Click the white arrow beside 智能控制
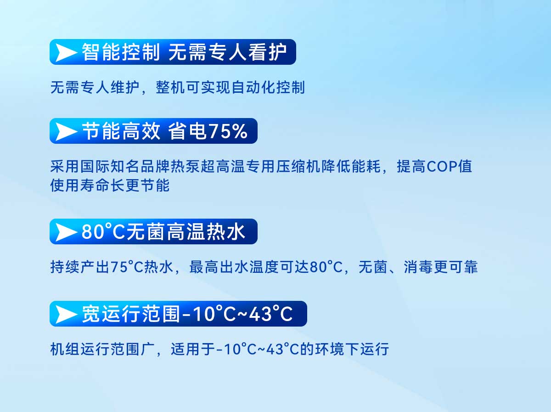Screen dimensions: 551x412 coord(65,52)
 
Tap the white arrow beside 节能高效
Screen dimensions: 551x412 coord(65,131)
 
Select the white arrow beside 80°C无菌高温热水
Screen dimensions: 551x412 coord(65,232)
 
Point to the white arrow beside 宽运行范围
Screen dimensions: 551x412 coord(65,314)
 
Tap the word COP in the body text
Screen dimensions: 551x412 coord(442,166)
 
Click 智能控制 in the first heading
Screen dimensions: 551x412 coord(121,52)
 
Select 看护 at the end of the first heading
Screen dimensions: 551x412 coord(268,52)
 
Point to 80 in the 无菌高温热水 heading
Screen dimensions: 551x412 coord(93,232)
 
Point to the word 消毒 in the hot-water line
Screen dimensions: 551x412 coord(418,267)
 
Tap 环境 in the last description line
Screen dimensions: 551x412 coord(329,349)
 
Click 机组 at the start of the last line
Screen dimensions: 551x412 coord(65,349)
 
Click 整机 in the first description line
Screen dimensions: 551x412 coord(170,87)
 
